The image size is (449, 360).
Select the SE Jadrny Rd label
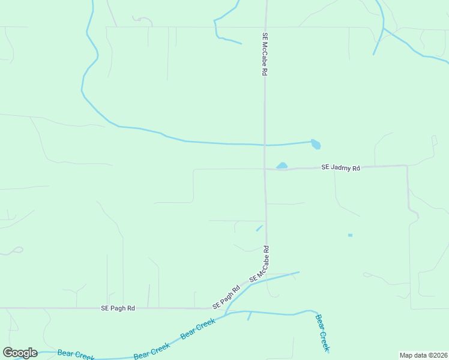(340, 168)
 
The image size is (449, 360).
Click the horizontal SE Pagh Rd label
(118, 308)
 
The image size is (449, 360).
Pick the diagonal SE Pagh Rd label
(226, 297)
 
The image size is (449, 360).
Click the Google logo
(20, 353)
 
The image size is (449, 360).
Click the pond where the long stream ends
(316, 144)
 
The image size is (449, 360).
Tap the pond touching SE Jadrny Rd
(282, 166)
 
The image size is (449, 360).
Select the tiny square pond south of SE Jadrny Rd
(350, 235)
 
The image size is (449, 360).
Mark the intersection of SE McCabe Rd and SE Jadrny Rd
(265, 169)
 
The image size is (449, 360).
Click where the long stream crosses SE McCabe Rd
(265, 145)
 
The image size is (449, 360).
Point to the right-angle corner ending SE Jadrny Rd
(407, 166)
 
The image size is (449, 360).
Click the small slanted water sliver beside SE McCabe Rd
(259, 228)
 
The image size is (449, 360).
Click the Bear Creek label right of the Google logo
(76, 355)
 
